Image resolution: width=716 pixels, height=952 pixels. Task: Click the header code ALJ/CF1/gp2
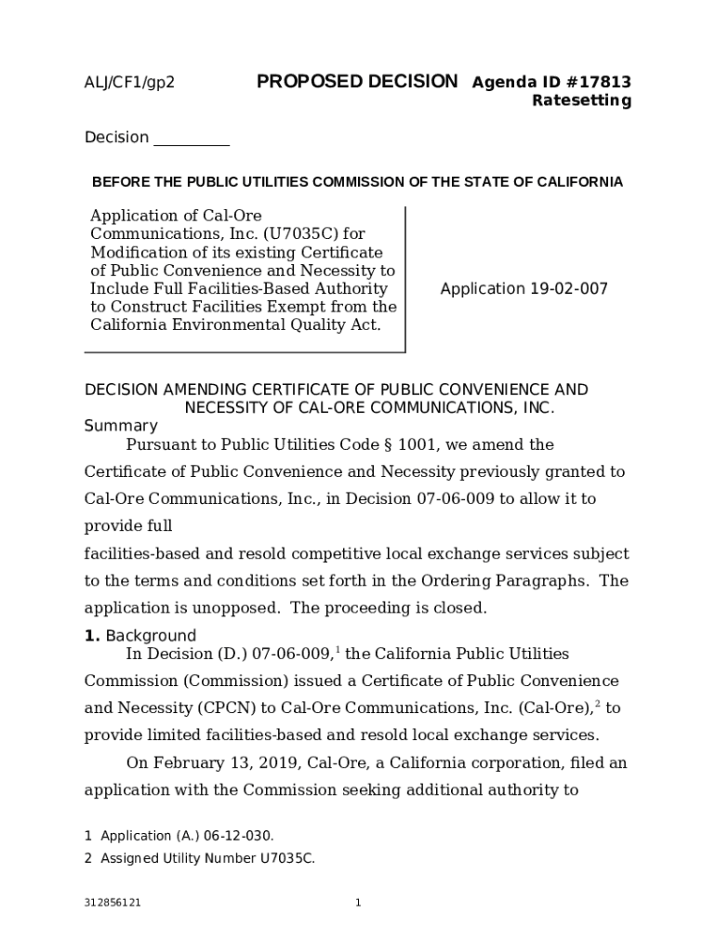coord(129,83)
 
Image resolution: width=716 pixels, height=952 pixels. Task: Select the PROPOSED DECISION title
coord(357,82)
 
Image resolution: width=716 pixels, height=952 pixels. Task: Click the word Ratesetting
coord(581,100)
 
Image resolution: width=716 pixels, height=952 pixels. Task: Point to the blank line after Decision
coord(191,139)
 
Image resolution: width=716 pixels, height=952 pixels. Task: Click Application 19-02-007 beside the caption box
coord(524,289)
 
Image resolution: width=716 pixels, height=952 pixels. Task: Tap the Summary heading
coord(121,426)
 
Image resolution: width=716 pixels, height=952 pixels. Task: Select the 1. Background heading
coord(140,636)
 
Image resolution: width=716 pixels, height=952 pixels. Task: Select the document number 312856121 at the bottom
coord(113,903)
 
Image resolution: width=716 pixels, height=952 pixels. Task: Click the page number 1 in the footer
coord(358,903)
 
